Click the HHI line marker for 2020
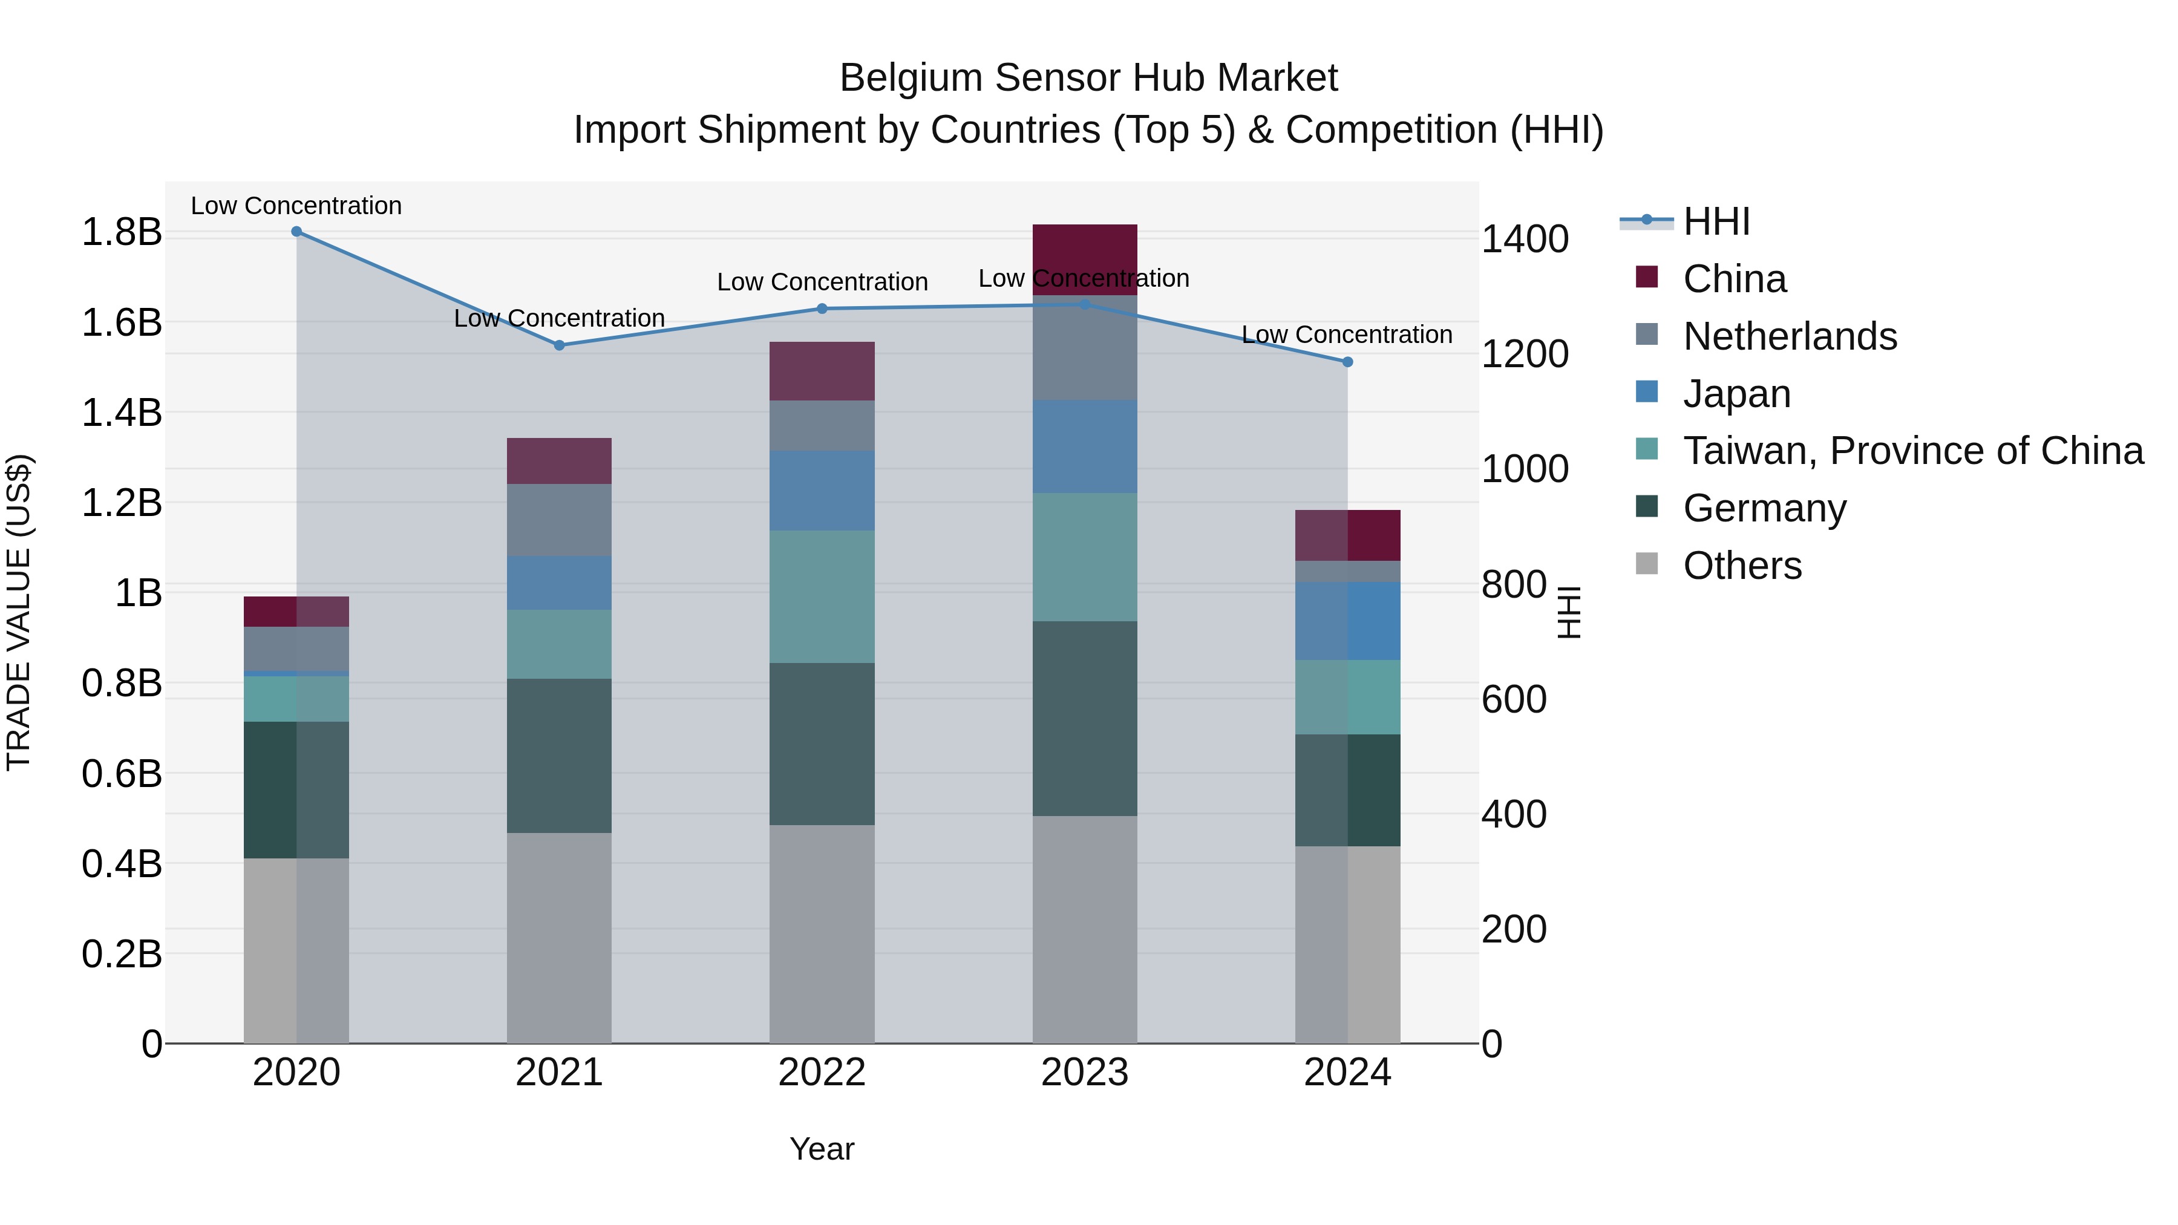click(x=296, y=232)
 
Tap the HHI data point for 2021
click(x=559, y=345)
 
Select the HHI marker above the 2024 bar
click(x=1348, y=362)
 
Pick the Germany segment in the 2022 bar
click(x=822, y=744)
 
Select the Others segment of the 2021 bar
click(x=559, y=938)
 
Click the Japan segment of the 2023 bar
click(x=1085, y=446)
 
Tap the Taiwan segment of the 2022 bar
click(x=822, y=597)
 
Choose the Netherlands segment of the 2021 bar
click(x=559, y=520)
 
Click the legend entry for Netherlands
click(x=1790, y=336)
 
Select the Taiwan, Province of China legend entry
click(x=1912, y=451)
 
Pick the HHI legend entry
click(x=1716, y=221)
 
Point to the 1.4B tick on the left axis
click(x=122, y=413)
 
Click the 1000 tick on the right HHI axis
click(x=1525, y=469)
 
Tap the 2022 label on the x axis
click(x=822, y=1073)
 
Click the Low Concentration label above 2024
click(x=1347, y=335)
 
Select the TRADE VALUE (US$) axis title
click(x=19, y=612)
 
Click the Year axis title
click(x=822, y=1149)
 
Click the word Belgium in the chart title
click(x=910, y=78)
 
